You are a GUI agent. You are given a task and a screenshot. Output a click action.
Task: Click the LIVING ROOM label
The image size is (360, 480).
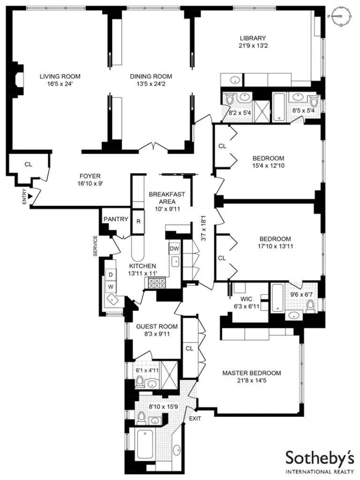pos(60,76)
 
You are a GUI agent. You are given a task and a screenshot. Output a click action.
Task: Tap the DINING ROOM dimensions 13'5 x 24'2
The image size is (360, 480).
pos(151,84)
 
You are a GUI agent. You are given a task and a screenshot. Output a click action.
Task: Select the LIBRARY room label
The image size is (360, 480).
pos(253,38)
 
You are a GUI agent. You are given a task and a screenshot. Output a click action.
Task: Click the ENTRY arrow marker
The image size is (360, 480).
pos(31,197)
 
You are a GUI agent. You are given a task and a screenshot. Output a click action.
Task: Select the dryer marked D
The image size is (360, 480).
pos(111,274)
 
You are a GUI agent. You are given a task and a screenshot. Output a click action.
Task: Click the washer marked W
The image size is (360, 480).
pos(111,285)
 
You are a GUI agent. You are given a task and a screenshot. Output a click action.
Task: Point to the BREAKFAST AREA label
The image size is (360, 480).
pos(167,198)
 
